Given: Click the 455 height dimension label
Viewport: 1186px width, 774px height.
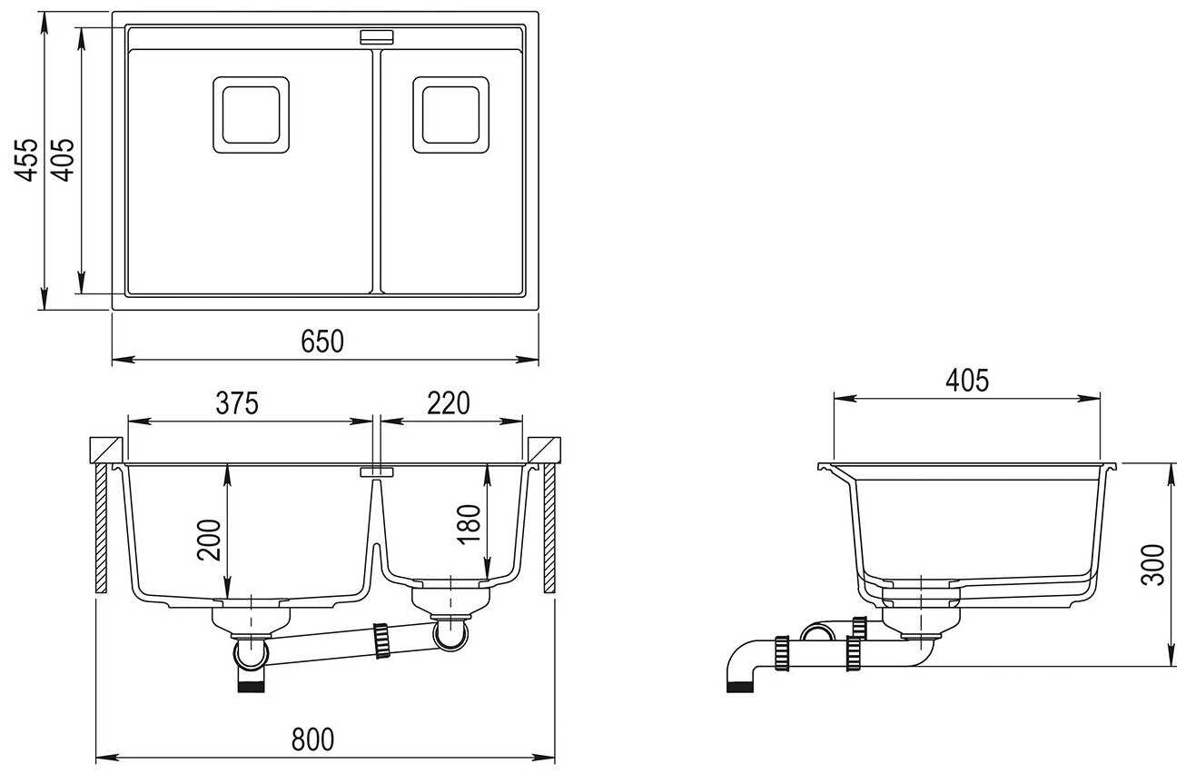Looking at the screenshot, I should (x=30, y=159).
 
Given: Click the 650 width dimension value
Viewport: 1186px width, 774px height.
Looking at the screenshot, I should (x=322, y=341).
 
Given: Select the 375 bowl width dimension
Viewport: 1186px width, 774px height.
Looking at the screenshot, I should (x=237, y=402).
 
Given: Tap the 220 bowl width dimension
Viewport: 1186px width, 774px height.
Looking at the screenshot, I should (x=449, y=402).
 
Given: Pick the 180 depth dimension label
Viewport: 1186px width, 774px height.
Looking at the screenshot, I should (x=469, y=524).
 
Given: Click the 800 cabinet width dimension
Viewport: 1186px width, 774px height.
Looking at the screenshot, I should (x=312, y=739).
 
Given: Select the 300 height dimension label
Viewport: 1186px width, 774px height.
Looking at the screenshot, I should (x=1153, y=565).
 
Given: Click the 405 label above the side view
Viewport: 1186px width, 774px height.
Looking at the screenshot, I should (x=966, y=381).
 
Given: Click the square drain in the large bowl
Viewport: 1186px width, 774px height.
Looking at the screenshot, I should (x=251, y=114).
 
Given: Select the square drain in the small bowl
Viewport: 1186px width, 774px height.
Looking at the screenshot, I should (x=450, y=114).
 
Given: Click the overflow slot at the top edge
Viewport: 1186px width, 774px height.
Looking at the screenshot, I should (x=377, y=37).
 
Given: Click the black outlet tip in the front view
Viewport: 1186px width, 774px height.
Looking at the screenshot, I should (x=251, y=684).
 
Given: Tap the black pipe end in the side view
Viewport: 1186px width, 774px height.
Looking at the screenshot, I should (x=740, y=685).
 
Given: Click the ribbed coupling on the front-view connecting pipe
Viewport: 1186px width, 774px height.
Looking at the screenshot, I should (x=381, y=639).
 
